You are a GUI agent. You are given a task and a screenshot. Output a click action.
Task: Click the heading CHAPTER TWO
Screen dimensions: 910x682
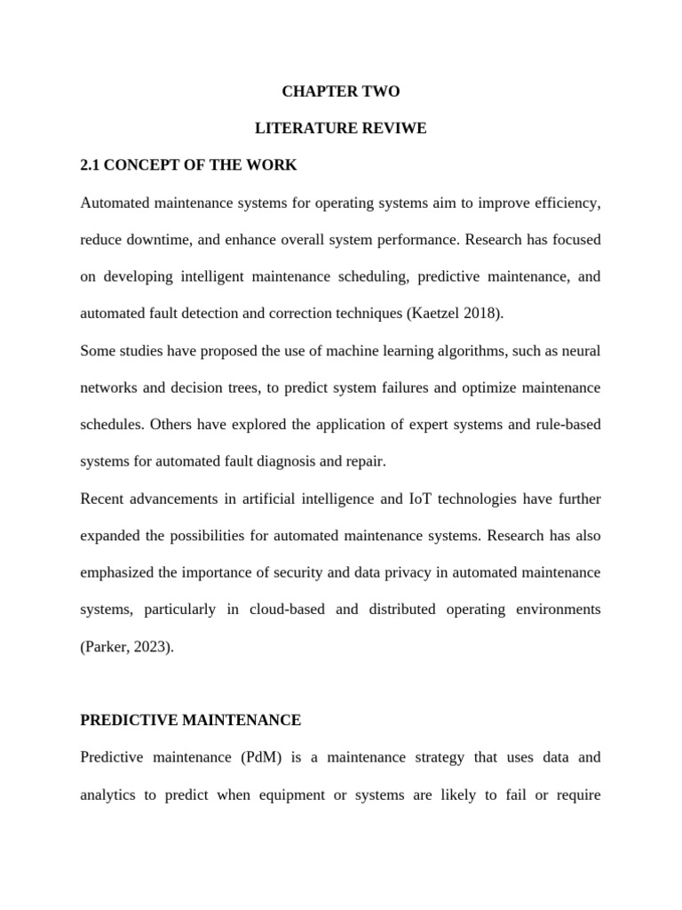pyautogui.click(x=341, y=92)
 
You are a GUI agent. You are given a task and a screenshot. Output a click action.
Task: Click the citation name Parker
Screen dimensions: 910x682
pyautogui.click(x=108, y=647)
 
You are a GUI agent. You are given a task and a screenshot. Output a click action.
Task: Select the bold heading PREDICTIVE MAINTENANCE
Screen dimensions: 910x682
pyautogui.click(x=191, y=720)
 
